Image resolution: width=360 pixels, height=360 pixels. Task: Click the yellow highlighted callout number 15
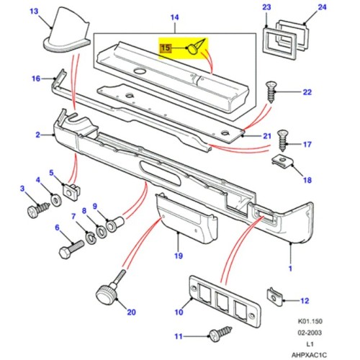pyautogui.click(x=165, y=49)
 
